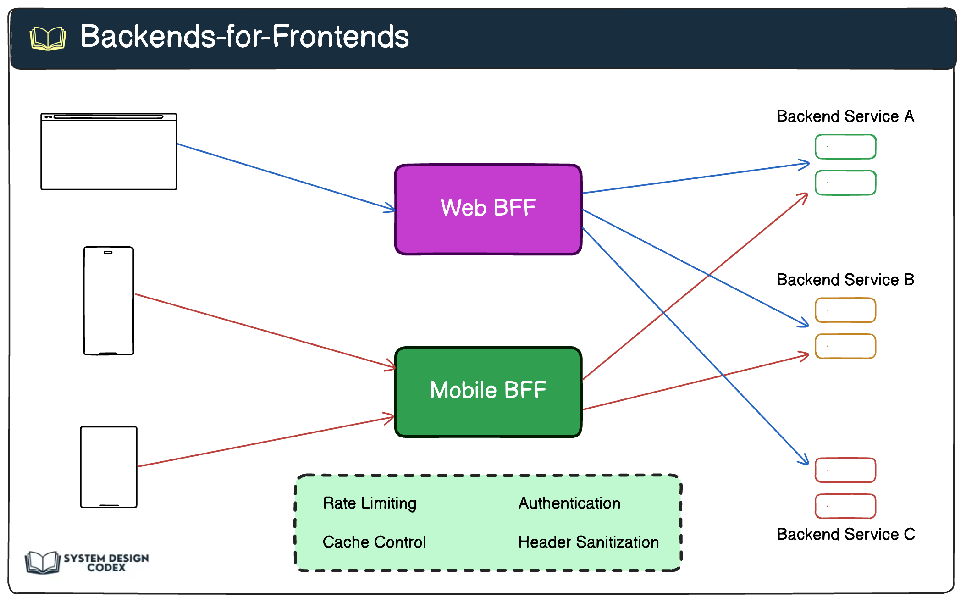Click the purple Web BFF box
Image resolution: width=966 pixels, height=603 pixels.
(488, 209)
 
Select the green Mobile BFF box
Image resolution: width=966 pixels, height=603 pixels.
(488, 392)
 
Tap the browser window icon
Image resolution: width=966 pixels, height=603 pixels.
(109, 151)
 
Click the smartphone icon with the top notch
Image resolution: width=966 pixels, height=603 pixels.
(109, 301)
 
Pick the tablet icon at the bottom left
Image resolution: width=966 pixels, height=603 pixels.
(109, 467)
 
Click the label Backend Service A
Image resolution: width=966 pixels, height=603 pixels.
(845, 116)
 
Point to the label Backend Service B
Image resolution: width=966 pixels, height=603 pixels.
(845, 280)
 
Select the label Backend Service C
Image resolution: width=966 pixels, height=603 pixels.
(845, 535)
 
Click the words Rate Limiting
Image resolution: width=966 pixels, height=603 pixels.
(370, 503)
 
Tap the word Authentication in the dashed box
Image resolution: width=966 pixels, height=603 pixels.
(569, 503)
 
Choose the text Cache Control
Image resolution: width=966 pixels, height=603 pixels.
(374, 542)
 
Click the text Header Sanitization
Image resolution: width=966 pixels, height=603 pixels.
(589, 542)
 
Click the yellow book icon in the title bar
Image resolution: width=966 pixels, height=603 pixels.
(48, 38)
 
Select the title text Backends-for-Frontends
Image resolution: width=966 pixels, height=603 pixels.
(244, 37)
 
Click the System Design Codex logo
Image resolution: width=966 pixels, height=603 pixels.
(87, 562)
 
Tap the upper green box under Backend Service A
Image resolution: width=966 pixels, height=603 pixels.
(845, 147)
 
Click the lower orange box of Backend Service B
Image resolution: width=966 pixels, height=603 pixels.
(845, 346)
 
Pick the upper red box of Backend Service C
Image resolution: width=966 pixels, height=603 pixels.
(845, 470)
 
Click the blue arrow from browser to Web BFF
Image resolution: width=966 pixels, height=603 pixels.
(284, 177)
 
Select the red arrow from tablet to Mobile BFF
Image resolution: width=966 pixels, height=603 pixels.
(266, 442)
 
